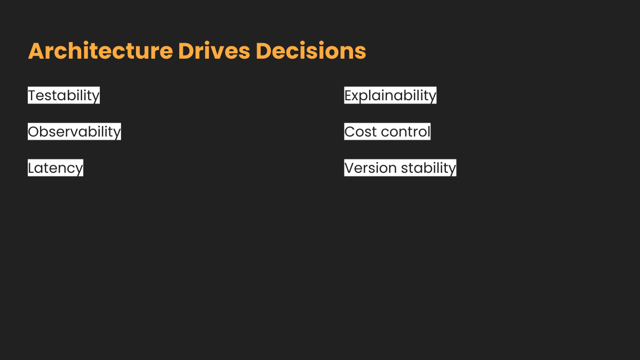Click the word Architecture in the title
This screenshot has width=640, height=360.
click(x=101, y=51)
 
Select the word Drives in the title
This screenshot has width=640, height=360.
click(x=214, y=51)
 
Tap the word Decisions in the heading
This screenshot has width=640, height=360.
click(x=311, y=51)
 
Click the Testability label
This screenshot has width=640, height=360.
click(x=63, y=95)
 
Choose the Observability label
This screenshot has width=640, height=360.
click(x=74, y=132)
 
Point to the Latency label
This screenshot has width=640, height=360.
click(x=55, y=168)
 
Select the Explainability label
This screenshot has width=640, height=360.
click(x=390, y=95)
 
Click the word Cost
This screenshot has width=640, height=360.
click(x=361, y=132)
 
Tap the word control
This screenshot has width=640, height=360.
click(x=406, y=132)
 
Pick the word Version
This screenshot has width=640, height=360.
click(x=370, y=167)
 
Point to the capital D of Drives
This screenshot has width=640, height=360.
click(x=186, y=51)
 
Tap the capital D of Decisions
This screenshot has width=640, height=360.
click(x=263, y=51)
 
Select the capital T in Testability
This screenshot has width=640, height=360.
click(x=33, y=95)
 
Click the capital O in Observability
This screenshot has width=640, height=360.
click(x=34, y=132)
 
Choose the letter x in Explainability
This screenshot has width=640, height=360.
click(x=357, y=97)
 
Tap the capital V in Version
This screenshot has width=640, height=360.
click(x=350, y=167)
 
